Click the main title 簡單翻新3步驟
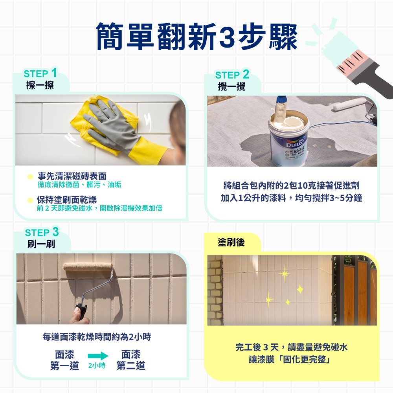(x=197, y=37)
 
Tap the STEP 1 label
(x=40, y=73)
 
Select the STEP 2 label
(x=232, y=74)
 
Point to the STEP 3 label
(x=42, y=232)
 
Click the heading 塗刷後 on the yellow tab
(x=231, y=242)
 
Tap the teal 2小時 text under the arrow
(x=97, y=365)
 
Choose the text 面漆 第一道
(x=65, y=360)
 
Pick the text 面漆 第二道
(x=131, y=360)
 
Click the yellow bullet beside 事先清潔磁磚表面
(x=30, y=177)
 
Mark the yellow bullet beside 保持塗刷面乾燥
(x=30, y=200)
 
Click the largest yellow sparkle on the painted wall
(x=285, y=274)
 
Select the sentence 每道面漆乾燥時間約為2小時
(x=97, y=337)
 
